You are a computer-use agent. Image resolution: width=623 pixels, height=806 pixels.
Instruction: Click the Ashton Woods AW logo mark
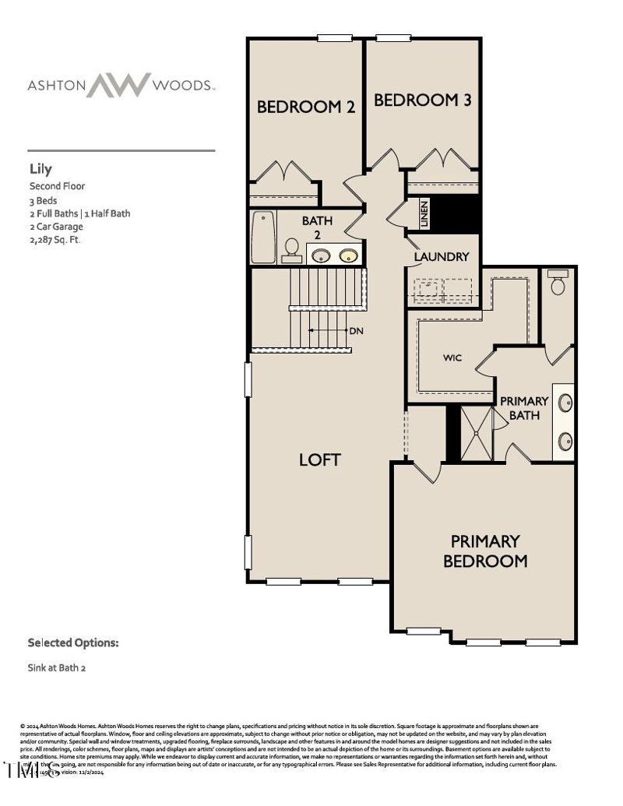pyautogui.click(x=118, y=85)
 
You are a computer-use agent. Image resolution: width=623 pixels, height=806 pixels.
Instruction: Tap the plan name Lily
pyautogui.click(x=40, y=169)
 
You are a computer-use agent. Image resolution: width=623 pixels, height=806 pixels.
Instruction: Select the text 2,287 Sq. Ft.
pyautogui.click(x=55, y=240)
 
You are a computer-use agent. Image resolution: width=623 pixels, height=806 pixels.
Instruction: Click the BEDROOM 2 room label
pyautogui.click(x=306, y=107)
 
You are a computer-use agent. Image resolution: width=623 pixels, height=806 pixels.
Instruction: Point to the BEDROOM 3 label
pyautogui.click(x=422, y=100)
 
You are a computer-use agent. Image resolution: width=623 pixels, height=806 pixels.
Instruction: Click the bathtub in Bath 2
pyautogui.click(x=264, y=238)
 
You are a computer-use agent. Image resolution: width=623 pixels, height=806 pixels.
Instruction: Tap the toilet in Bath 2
pyautogui.click(x=292, y=247)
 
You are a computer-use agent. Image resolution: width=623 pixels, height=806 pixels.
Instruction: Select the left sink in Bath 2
pyautogui.click(x=320, y=254)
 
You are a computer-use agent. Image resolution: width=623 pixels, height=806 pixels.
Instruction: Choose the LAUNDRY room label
pyautogui.click(x=442, y=256)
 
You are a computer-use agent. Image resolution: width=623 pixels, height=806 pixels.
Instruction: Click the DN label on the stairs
pyautogui.click(x=357, y=331)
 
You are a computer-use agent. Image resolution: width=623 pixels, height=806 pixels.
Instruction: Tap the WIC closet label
pyautogui.click(x=452, y=357)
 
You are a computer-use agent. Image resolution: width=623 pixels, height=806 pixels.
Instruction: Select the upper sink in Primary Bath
pyautogui.click(x=565, y=403)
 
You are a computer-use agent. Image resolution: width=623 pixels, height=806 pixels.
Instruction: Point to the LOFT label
pyautogui.click(x=320, y=459)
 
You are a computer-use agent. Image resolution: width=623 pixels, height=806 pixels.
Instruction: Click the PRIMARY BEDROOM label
pyautogui.click(x=485, y=551)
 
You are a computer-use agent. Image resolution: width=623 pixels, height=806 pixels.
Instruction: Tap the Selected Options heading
pyautogui.click(x=73, y=643)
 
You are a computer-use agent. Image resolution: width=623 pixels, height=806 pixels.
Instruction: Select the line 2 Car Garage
pyautogui.click(x=56, y=227)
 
